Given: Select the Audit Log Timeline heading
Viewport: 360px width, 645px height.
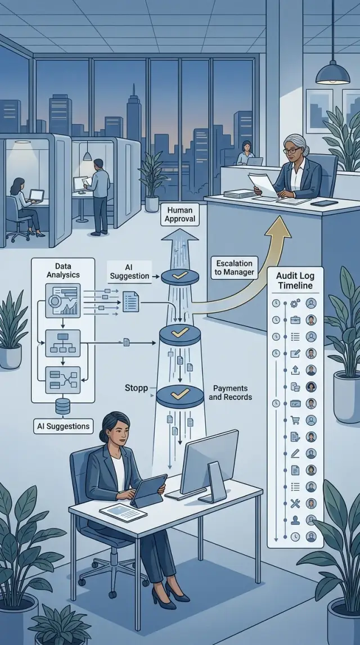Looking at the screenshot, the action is (x=295, y=281).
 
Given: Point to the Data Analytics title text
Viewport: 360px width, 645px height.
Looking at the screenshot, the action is (x=63, y=270).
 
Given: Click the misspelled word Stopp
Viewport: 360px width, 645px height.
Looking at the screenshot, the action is (x=136, y=388).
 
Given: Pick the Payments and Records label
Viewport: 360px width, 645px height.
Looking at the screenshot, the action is (x=232, y=393).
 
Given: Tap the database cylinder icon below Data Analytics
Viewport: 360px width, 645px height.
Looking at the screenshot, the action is (x=62, y=406).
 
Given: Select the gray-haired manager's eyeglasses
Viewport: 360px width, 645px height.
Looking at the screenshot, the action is (x=292, y=151).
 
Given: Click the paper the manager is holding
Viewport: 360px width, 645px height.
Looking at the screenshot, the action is (x=263, y=184).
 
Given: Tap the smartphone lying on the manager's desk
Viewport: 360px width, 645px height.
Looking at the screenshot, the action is (x=324, y=203).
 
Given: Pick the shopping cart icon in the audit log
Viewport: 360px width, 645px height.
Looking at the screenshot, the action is (x=295, y=420).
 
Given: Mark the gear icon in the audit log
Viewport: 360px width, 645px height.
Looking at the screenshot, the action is (x=295, y=304).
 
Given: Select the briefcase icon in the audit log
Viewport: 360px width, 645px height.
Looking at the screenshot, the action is (x=295, y=320).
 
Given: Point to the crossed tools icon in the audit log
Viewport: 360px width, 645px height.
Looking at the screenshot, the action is (x=295, y=503).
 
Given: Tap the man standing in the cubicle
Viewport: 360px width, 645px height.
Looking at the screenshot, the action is (x=98, y=197).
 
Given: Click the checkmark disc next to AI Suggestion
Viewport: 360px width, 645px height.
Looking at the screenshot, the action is (x=180, y=277).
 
